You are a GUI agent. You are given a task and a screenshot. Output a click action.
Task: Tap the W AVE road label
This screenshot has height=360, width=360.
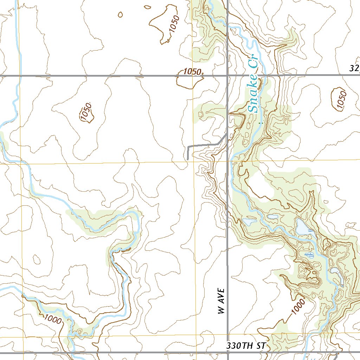(220, 301)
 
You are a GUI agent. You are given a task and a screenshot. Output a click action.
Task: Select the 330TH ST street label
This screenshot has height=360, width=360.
(245, 346)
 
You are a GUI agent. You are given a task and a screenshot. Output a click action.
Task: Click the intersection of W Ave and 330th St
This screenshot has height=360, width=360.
(227, 352)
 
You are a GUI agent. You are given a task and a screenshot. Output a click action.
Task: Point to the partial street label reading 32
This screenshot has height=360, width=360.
(354, 68)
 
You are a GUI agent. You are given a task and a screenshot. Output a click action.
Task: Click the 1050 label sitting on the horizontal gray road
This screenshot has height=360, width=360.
(192, 72)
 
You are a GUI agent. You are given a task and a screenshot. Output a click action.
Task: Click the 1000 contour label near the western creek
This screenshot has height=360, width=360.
(53, 320)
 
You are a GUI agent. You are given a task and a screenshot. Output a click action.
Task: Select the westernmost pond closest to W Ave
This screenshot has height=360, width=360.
(249, 222)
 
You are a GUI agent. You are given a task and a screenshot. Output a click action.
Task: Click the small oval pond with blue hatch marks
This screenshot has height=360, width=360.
(309, 255)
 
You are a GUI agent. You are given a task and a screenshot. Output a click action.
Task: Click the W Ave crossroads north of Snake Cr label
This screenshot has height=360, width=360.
(227, 75)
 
